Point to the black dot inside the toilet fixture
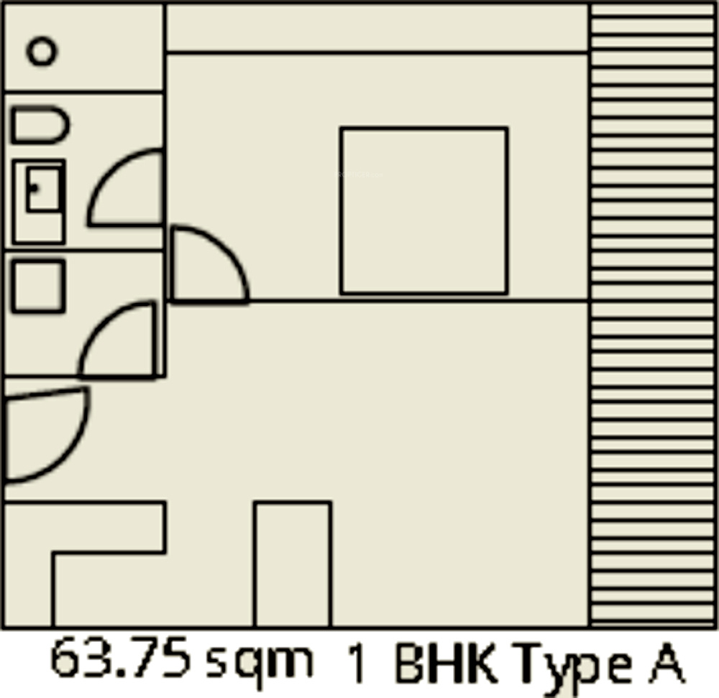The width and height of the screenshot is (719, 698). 34,187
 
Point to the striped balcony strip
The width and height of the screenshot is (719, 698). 652,315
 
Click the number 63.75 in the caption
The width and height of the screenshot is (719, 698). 119,657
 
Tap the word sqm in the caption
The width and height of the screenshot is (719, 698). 260,664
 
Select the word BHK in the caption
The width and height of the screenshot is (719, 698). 446,662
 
